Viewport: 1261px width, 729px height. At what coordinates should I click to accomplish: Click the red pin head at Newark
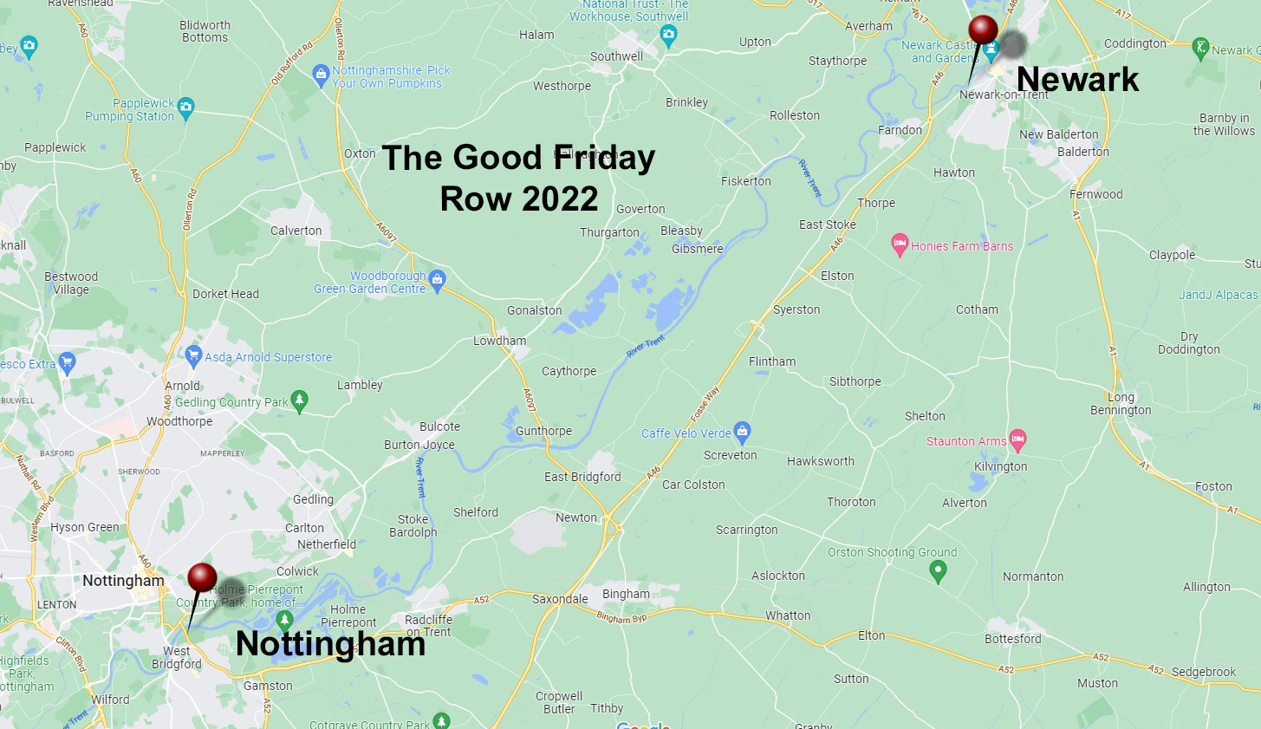pyautogui.click(x=983, y=29)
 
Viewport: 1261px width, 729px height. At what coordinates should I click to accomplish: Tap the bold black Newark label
pyautogui.click(x=1077, y=80)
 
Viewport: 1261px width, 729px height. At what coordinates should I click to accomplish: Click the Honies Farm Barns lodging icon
pyautogui.click(x=900, y=245)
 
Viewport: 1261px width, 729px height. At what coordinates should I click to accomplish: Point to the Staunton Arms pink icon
pyautogui.click(x=1018, y=440)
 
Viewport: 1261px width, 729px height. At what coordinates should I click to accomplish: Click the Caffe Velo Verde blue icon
pyautogui.click(x=741, y=432)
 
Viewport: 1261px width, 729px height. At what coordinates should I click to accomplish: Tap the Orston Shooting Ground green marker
pyautogui.click(x=937, y=571)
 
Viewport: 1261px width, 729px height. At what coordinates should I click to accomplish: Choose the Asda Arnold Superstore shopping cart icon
pyautogui.click(x=194, y=356)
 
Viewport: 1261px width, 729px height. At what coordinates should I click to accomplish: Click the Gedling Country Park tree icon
pyautogui.click(x=300, y=401)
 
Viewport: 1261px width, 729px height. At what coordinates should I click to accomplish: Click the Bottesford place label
pyautogui.click(x=1012, y=639)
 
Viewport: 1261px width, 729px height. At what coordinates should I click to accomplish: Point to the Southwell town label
pyautogui.click(x=616, y=56)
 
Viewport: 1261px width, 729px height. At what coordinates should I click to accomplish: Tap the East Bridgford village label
pyautogui.click(x=582, y=477)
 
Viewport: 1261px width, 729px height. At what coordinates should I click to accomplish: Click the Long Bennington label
pyautogui.click(x=1121, y=404)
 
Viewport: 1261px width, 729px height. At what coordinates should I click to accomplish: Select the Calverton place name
pyautogui.click(x=296, y=231)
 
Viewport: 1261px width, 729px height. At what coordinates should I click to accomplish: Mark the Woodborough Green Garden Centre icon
pyautogui.click(x=437, y=279)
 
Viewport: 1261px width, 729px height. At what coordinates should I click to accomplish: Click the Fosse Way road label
pyautogui.click(x=705, y=404)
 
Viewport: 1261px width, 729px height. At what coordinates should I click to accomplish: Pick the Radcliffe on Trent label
pyautogui.click(x=428, y=626)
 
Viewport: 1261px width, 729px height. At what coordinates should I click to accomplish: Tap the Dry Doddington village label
pyautogui.click(x=1188, y=343)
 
